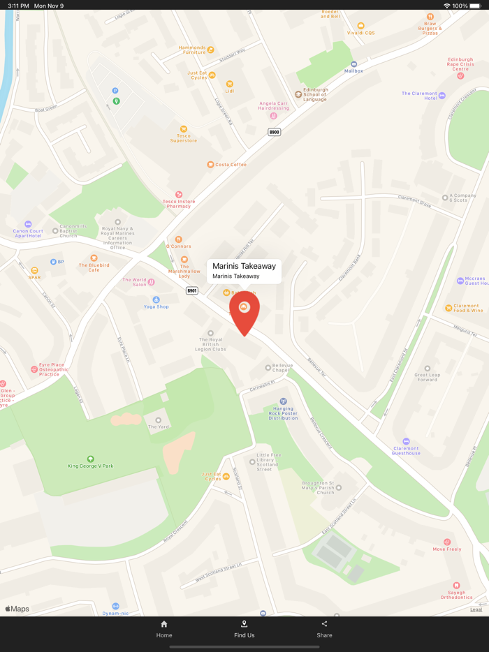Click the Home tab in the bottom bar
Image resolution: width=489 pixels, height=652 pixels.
coord(164,629)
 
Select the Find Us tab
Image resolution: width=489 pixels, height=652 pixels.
coord(244,629)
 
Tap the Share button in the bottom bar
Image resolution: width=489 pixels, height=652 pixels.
coord(324,629)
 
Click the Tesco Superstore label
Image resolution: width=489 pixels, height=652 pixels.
coord(184,138)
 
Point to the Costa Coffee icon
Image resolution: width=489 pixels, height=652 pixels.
coord(210,165)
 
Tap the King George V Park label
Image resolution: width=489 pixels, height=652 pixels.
coord(90,466)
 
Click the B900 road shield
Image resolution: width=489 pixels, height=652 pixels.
coord(275,132)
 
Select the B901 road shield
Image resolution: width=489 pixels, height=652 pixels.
coord(192,290)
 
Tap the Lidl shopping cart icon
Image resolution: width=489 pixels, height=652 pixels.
coord(229,84)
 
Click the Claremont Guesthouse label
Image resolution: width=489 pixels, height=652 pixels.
coord(406,451)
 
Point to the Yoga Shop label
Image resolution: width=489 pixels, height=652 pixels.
coord(156,306)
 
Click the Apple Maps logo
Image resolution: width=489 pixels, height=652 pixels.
coord(17,609)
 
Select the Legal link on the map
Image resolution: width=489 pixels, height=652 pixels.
coord(476,609)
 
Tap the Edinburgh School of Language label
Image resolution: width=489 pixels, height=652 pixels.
coord(315,94)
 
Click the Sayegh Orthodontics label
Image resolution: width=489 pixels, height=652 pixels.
coord(456,595)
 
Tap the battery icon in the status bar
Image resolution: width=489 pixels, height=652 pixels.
coord(476,6)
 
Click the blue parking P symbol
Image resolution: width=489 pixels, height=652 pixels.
coord(115,91)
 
